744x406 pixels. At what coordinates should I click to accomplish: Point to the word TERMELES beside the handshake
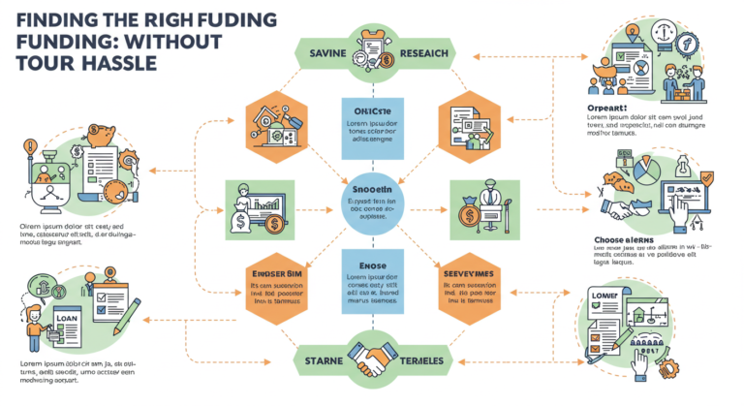422,362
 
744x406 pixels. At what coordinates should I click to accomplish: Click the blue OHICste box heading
371,109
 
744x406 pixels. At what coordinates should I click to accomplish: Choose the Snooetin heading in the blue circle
371,188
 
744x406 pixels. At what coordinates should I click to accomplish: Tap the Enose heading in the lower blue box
371,264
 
